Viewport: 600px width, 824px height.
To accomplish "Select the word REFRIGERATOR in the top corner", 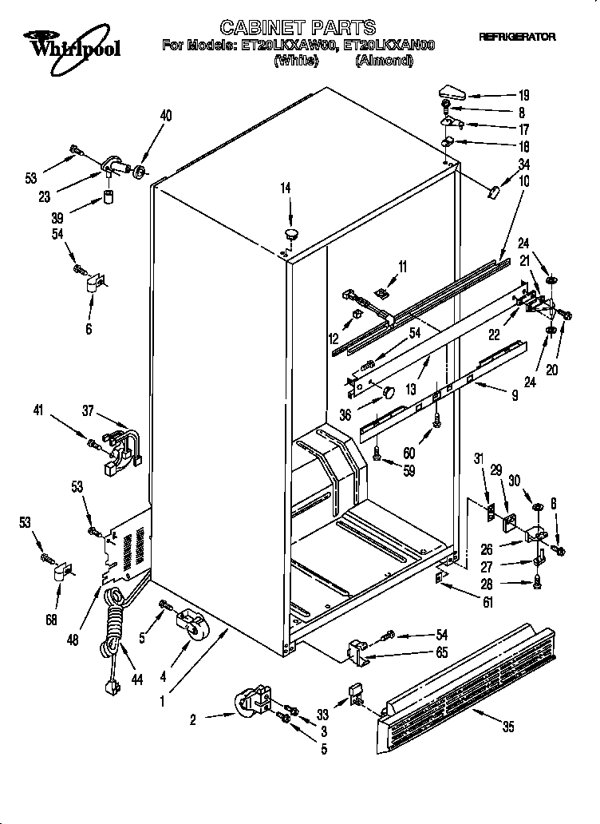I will [x=517, y=38].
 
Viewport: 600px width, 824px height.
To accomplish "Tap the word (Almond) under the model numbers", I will [x=384, y=60].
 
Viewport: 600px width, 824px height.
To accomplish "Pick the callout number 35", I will [x=507, y=727].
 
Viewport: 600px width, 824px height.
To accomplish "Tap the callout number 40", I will [x=165, y=117].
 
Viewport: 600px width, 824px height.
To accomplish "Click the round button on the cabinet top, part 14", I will [x=290, y=234].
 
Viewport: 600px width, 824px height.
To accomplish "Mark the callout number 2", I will [x=192, y=719].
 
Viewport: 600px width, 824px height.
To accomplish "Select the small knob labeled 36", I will [x=388, y=391].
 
